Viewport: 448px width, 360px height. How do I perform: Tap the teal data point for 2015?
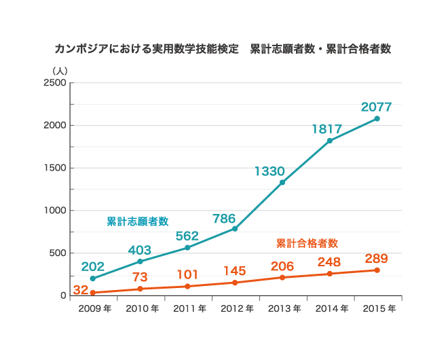tap(377, 119)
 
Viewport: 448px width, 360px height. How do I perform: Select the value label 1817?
tap(326, 128)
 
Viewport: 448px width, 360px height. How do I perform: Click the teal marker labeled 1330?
tap(282, 182)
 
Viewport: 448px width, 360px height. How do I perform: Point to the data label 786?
tap(224, 219)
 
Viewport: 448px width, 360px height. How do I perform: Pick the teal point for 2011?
tap(187, 248)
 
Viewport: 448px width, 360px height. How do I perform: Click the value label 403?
tap(140, 250)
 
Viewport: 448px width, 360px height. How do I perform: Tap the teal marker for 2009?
tap(92, 278)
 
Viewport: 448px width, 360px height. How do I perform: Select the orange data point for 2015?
tap(377, 270)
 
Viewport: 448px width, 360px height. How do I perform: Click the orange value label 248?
tap(329, 262)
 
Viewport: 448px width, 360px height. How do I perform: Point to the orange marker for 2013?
tap(282, 277)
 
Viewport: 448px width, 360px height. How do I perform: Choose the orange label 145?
tap(234, 270)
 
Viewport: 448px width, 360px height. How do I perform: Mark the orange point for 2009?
tap(92, 293)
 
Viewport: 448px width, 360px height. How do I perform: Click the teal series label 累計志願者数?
tap(138, 221)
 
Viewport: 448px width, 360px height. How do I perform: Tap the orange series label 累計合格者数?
tap(307, 242)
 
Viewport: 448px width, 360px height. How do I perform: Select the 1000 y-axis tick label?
tap(55, 211)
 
